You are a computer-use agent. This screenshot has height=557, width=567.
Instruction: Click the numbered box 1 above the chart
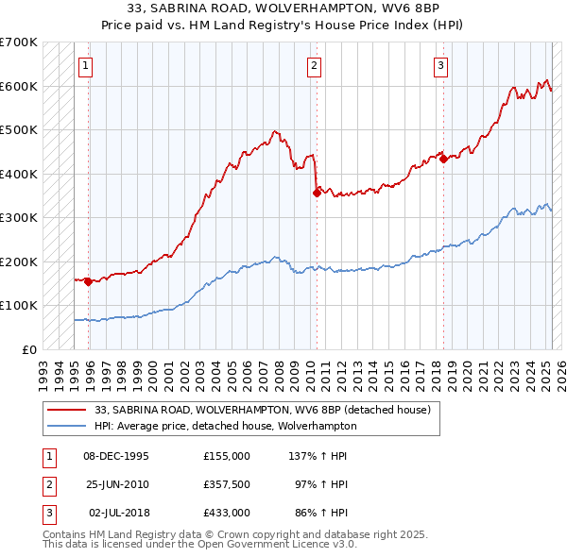tap(86, 65)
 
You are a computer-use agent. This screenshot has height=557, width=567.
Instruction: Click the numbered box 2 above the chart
tap(314, 65)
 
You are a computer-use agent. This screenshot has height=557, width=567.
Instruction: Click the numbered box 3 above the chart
tap(441, 65)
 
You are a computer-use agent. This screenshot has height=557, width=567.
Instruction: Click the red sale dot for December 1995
tap(88, 280)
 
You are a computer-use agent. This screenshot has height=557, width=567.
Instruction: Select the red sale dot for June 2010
tap(317, 193)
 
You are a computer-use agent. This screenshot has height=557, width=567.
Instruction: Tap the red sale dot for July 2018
tap(443, 160)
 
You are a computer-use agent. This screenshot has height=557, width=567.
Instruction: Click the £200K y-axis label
tap(18, 262)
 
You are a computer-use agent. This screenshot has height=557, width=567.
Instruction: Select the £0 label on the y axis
tap(28, 349)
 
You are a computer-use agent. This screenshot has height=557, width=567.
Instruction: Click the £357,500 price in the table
tap(226, 483)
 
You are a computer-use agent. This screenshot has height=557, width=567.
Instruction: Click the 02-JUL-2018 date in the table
tap(119, 512)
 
